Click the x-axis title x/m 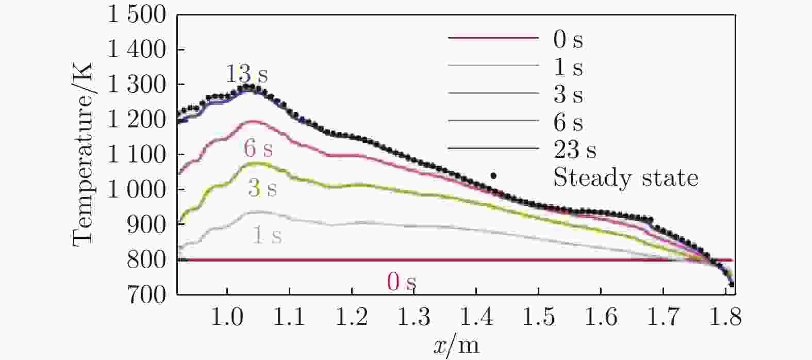click(457, 345)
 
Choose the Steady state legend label click(625, 178)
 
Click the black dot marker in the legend click(493, 176)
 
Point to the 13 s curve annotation click(246, 75)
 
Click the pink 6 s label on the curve click(258, 149)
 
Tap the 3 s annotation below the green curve click(262, 189)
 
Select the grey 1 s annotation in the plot click(267, 236)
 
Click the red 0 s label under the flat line click(401, 282)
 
